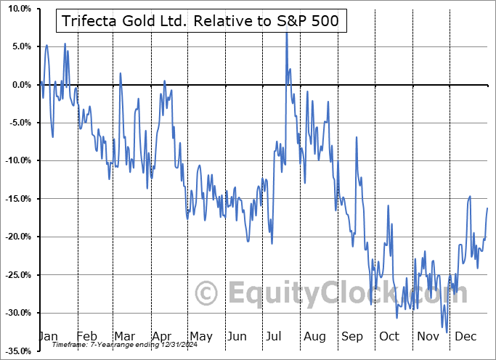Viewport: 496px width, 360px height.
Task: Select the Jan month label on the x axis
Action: pyautogui.click(x=48, y=336)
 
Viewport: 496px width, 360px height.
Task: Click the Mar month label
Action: pyautogui.click(x=124, y=336)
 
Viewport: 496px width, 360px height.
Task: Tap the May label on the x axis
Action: pyautogui.click(x=200, y=336)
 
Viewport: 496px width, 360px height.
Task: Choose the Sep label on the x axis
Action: pyautogui.click(x=353, y=336)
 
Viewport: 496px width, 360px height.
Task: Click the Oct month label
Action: pyautogui.click(x=389, y=336)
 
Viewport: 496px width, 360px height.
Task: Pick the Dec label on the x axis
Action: pyautogui.click(x=465, y=336)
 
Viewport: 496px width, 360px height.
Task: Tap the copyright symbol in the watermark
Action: pyautogui.click(x=208, y=293)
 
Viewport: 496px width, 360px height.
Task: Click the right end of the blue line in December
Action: pyautogui.click(x=487, y=208)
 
